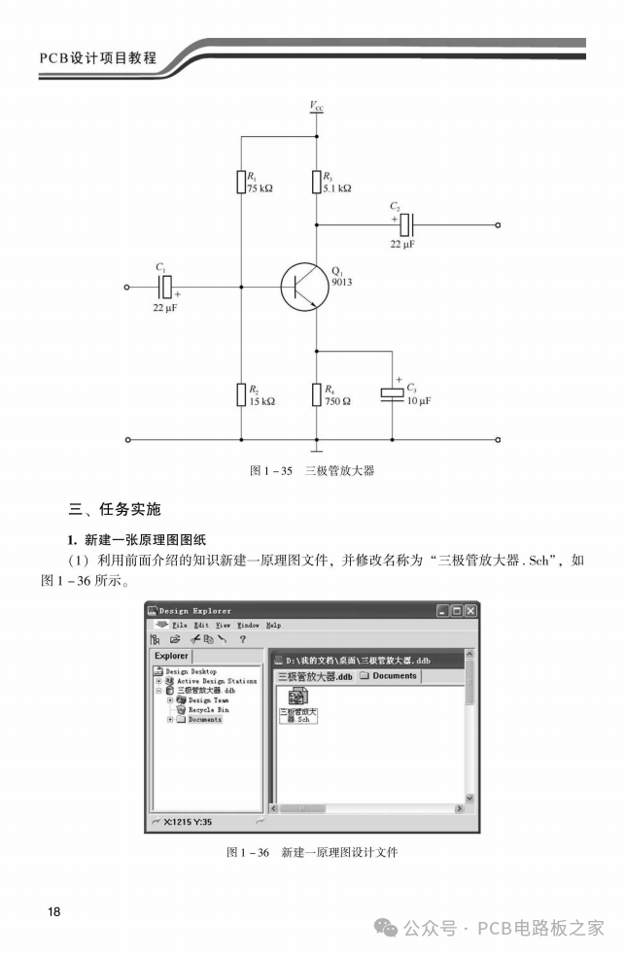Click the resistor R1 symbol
click(240, 182)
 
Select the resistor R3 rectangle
click(316, 182)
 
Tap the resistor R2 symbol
click(240, 393)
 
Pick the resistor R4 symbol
click(316, 393)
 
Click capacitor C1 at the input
click(166, 287)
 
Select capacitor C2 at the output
click(407, 224)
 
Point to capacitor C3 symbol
click(392, 392)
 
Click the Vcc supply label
click(317, 104)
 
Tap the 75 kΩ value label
click(260, 188)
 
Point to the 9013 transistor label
click(342, 282)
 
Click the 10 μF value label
click(419, 400)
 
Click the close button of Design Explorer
click(470, 610)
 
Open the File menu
click(179, 625)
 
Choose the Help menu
click(273, 625)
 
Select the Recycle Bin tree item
click(208, 710)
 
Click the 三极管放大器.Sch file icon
click(297, 698)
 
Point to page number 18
click(53, 912)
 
